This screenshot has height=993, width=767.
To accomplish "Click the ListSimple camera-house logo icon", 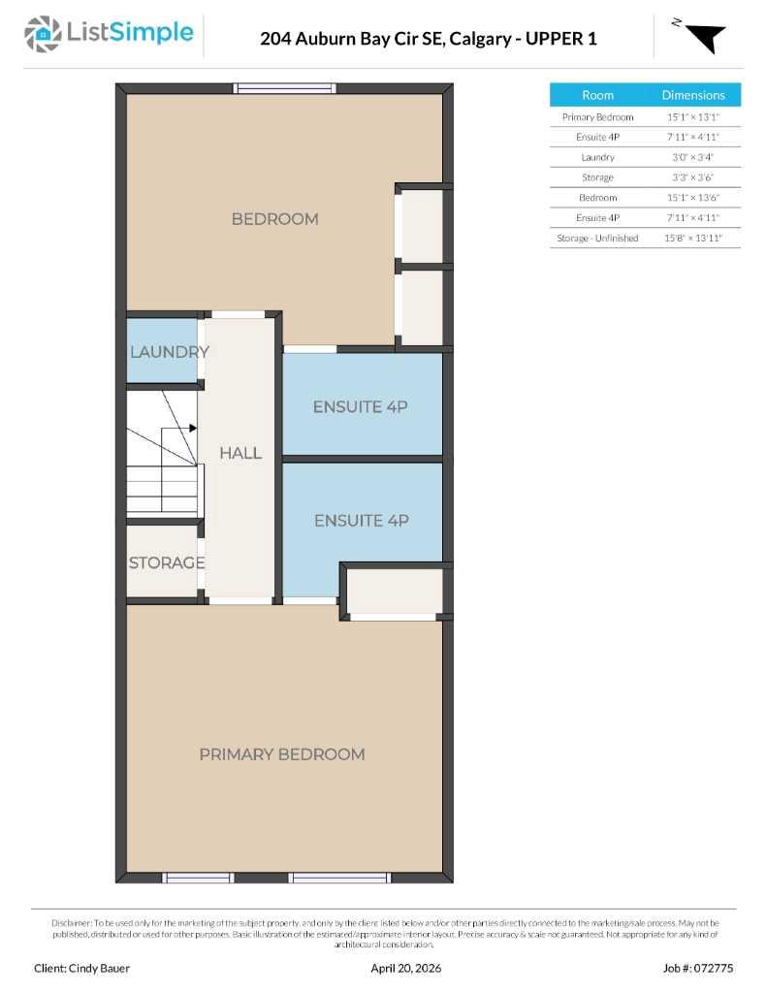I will click(42, 34).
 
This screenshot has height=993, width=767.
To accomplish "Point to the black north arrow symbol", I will click(706, 37).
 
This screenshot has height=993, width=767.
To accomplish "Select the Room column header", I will click(597, 95).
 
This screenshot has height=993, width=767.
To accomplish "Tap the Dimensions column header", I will click(693, 95).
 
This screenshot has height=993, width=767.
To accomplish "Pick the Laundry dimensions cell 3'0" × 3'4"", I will click(693, 157).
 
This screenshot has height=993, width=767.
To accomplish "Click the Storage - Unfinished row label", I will click(597, 238).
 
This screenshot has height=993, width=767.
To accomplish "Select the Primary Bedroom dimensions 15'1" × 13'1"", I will click(693, 116).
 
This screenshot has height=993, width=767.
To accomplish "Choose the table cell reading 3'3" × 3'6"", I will click(693, 177).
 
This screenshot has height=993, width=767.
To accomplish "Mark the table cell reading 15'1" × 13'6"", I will click(693, 198).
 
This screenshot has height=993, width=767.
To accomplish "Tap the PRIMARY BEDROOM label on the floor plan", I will click(282, 754).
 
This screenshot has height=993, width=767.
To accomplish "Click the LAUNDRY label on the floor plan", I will click(169, 352).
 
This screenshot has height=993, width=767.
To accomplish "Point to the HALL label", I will click(240, 453).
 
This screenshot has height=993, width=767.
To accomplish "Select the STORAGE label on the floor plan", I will click(167, 562).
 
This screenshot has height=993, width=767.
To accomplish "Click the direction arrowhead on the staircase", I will click(193, 428).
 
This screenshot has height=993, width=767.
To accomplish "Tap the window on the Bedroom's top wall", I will click(285, 88).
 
